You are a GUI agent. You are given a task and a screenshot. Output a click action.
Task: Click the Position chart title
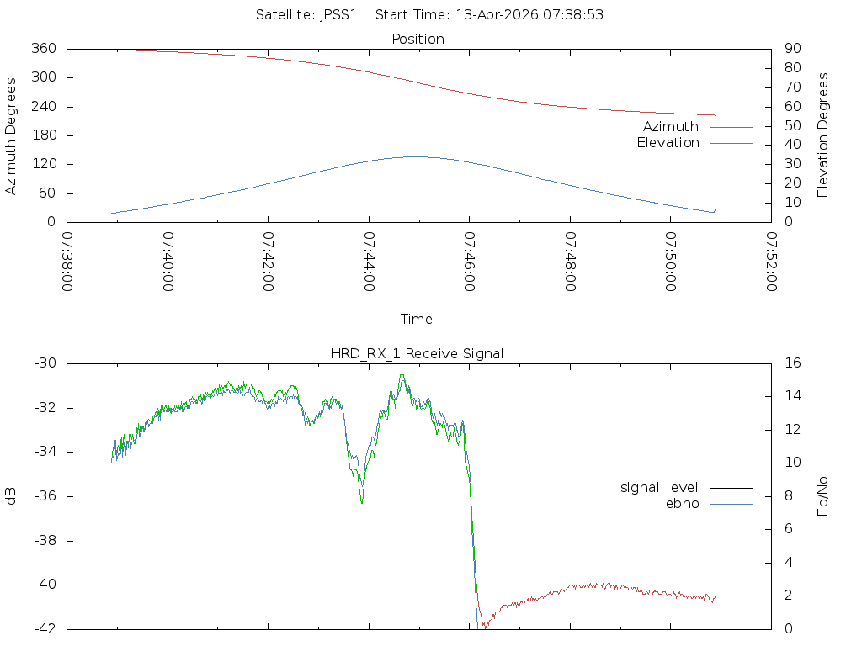click(418, 39)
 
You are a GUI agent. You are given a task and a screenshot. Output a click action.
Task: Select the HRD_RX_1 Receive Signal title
click(417, 353)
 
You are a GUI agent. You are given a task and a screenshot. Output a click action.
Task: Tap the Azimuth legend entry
click(671, 126)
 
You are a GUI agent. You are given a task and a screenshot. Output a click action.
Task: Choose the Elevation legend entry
click(668, 143)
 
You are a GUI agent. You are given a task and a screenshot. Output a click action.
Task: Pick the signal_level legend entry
click(659, 487)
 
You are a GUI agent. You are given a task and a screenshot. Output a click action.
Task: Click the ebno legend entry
click(682, 503)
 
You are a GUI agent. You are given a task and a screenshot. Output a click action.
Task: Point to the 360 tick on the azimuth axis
click(42, 49)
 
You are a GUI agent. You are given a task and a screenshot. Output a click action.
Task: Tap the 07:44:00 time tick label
click(370, 262)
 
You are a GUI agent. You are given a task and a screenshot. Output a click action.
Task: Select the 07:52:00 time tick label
click(772, 262)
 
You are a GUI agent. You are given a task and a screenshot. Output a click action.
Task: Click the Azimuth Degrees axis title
click(11, 135)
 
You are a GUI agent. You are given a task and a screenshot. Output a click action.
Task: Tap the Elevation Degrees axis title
click(823, 135)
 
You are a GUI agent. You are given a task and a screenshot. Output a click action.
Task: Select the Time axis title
click(417, 319)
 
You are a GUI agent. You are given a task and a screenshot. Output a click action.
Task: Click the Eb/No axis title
click(823, 496)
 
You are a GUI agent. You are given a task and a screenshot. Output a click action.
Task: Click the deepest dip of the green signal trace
click(362, 503)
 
